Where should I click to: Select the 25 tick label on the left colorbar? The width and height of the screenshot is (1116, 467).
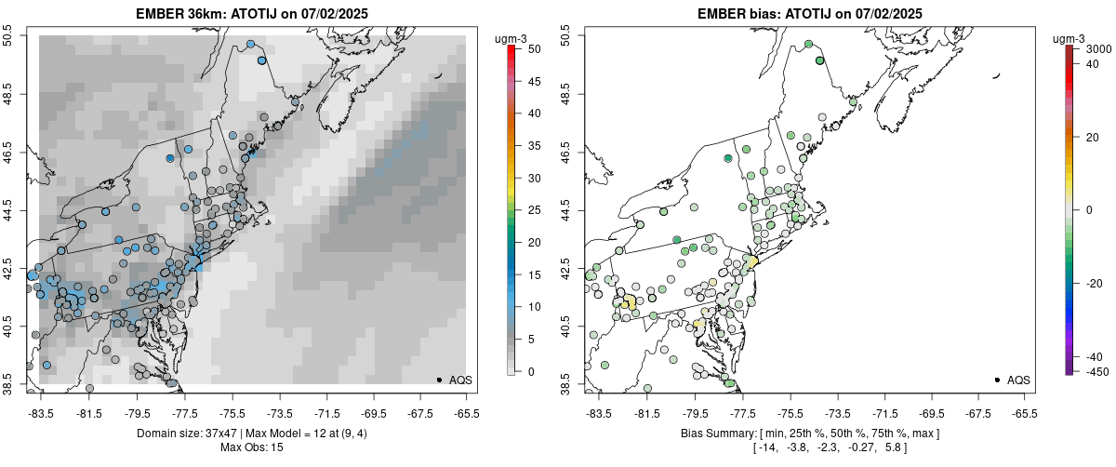click(526, 209)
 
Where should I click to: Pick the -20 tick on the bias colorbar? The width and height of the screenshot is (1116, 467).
click(1094, 284)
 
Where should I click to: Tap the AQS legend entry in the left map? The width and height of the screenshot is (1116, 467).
click(458, 380)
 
